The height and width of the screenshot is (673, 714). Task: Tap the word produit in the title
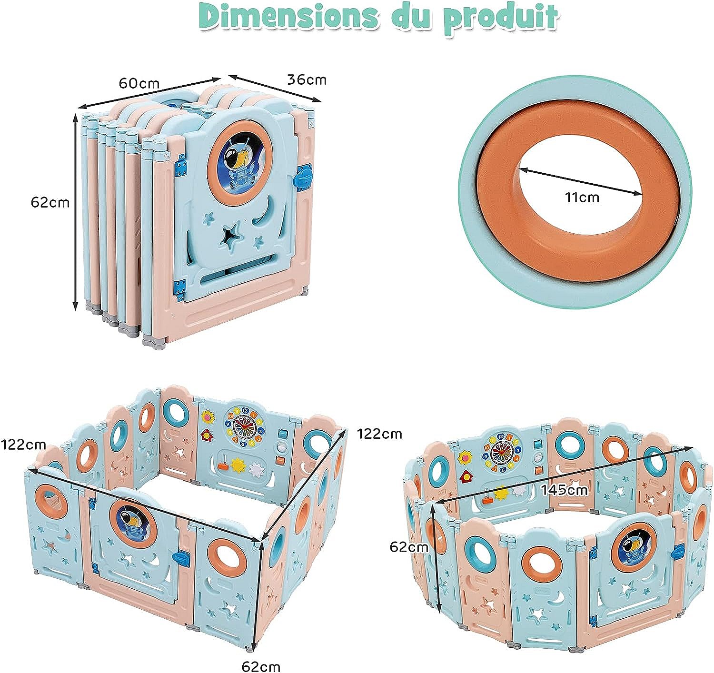click(x=500, y=18)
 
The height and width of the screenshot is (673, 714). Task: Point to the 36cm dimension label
click(x=307, y=79)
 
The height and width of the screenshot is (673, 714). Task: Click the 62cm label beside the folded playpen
click(x=50, y=202)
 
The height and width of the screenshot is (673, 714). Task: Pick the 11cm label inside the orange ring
click(x=582, y=196)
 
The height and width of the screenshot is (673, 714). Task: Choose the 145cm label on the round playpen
click(x=564, y=489)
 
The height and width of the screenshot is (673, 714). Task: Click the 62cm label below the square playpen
click(x=260, y=666)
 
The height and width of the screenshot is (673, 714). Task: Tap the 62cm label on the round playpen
click(x=409, y=547)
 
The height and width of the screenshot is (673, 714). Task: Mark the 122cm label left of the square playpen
click(x=23, y=445)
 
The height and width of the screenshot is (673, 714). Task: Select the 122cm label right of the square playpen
click(x=379, y=434)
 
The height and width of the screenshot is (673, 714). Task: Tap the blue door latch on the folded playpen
click(x=303, y=178)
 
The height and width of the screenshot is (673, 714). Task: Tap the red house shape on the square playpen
click(x=207, y=434)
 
